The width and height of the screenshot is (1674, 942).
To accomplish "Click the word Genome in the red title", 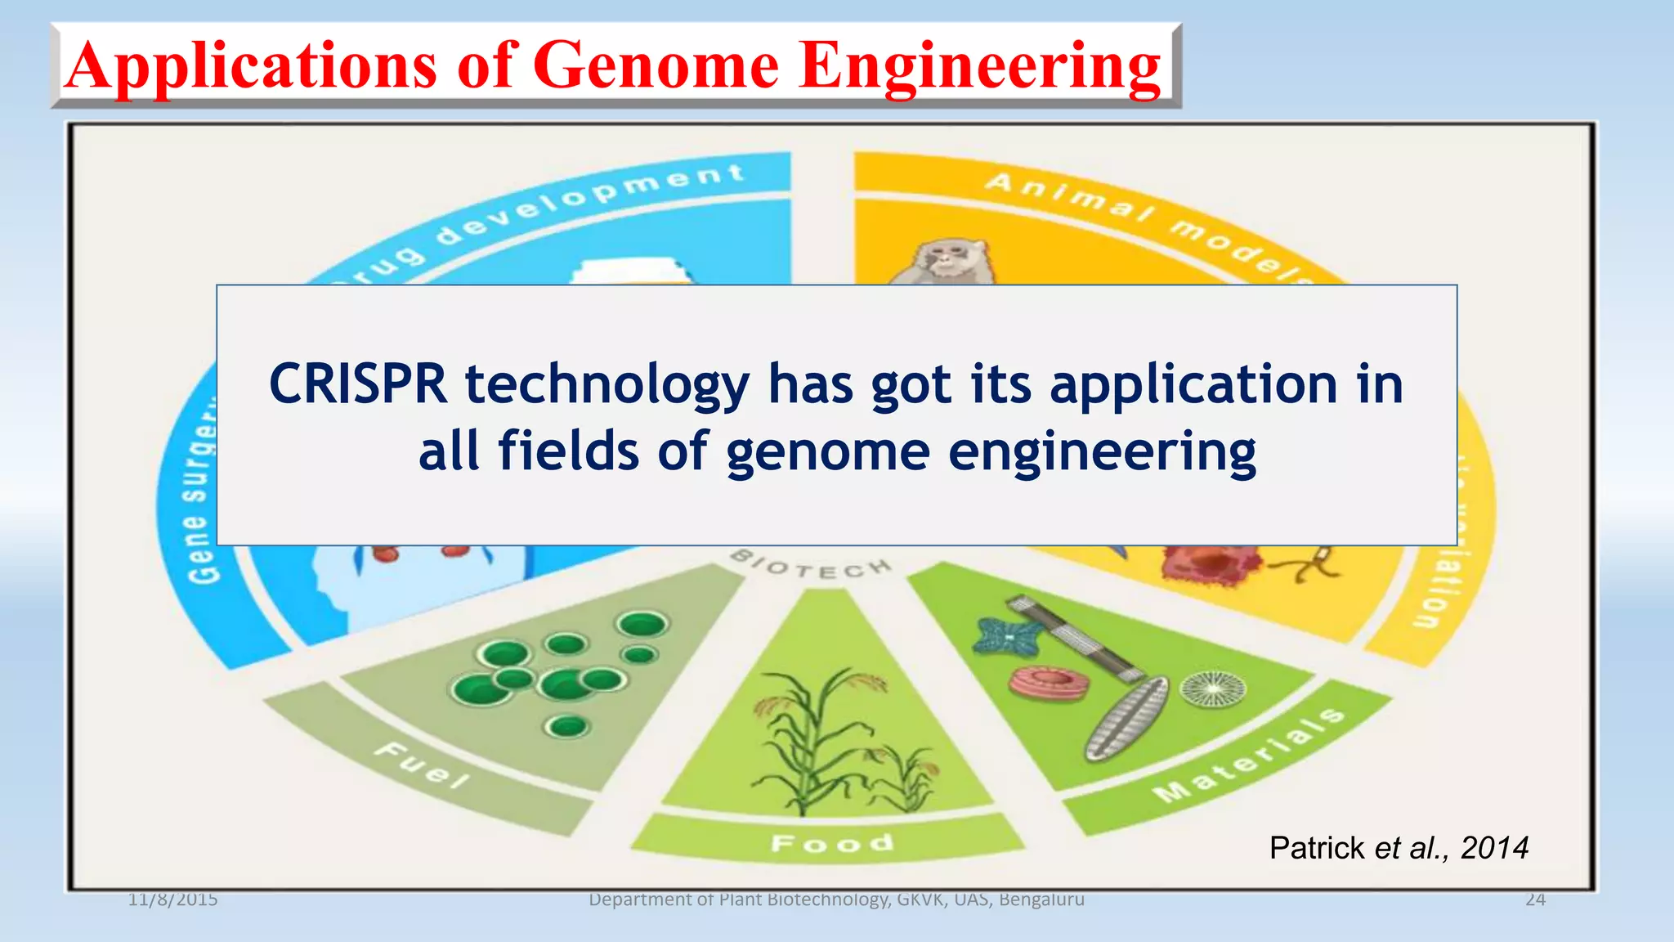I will tap(656, 65).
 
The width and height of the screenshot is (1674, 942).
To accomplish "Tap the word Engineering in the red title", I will tap(980, 65).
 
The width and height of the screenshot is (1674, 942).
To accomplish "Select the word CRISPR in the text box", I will tap(358, 384).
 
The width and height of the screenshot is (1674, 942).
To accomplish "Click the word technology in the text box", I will tap(607, 384).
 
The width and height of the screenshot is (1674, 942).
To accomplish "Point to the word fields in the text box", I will tap(568, 451).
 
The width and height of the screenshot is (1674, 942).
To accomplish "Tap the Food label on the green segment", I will tap(832, 842).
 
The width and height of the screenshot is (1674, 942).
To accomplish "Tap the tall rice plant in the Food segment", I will tap(805, 736).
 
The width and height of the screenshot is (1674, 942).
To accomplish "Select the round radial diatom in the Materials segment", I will tap(1214, 689).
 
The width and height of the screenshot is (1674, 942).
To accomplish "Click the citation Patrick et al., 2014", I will tap(1399, 848).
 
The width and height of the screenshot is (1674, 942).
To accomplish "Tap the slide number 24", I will tap(1535, 899).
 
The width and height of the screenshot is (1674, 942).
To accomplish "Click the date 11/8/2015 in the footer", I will tap(172, 899).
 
